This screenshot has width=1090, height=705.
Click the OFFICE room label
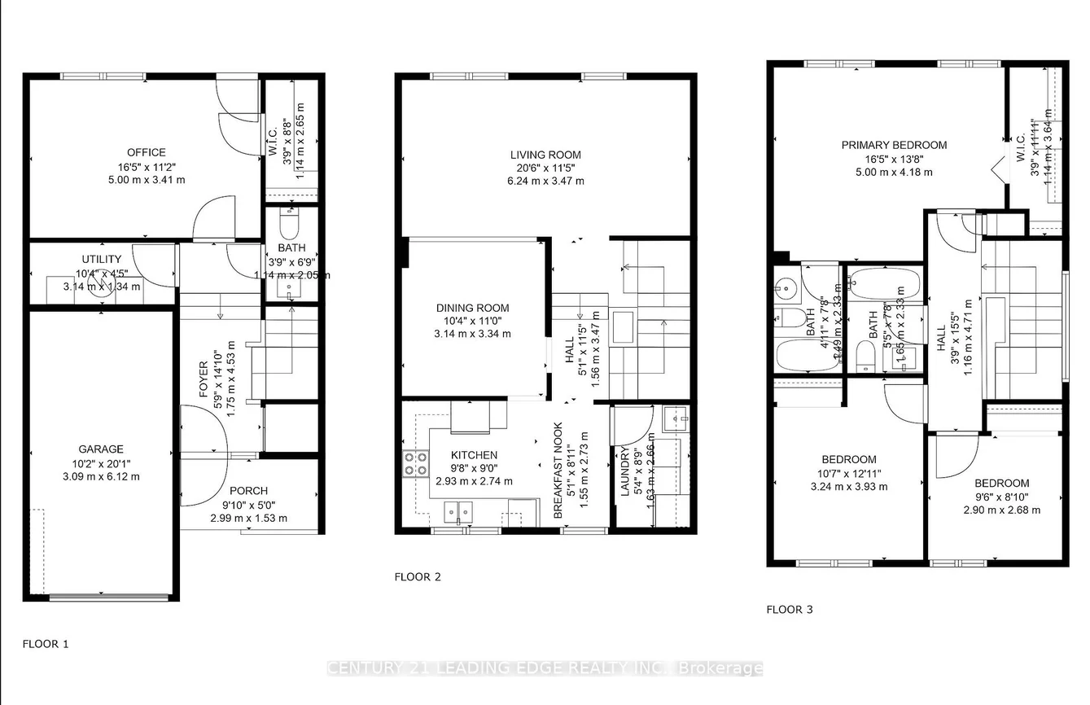point(146,152)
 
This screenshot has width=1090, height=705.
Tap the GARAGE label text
point(101,449)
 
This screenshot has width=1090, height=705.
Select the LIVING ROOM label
point(545,155)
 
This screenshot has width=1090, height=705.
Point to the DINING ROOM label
point(472,308)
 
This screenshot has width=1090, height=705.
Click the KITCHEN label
point(473,455)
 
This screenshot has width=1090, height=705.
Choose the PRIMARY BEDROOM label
point(894,145)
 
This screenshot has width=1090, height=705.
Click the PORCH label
point(248,491)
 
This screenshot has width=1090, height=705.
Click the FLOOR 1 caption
point(46,644)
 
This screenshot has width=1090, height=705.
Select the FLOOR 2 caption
point(418,577)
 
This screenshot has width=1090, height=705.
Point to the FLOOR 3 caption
point(790,609)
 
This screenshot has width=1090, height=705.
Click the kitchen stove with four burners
point(416,462)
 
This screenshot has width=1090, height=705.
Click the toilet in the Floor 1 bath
point(289,221)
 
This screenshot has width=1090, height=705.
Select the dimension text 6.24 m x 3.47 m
point(545,181)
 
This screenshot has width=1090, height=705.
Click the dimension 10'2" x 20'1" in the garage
point(101,462)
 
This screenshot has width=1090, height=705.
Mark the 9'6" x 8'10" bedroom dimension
point(1001,497)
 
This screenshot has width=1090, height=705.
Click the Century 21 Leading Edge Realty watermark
point(544,668)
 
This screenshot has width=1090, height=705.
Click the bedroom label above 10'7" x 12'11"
point(848,459)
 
